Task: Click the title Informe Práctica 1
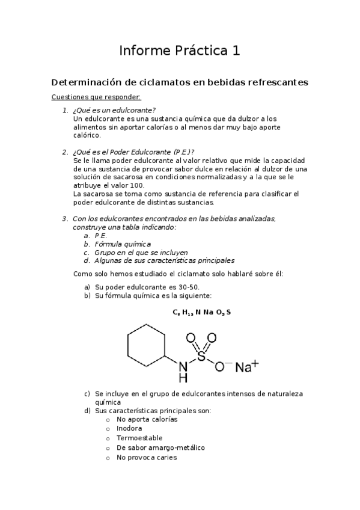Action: click(x=180, y=51)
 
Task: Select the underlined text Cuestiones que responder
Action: click(x=96, y=97)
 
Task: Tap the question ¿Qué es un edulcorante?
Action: click(x=114, y=110)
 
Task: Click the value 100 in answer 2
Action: click(x=137, y=186)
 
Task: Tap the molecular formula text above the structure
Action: click(x=201, y=312)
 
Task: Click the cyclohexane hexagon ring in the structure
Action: click(x=146, y=348)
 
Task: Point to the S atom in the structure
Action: click(x=201, y=357)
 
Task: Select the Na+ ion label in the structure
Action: click(x=246, y=366)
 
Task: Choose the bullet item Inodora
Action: click(x=129, y=429)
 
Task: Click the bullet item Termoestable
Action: click(x=139, y=438)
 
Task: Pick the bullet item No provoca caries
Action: click(x=147, y=458)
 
